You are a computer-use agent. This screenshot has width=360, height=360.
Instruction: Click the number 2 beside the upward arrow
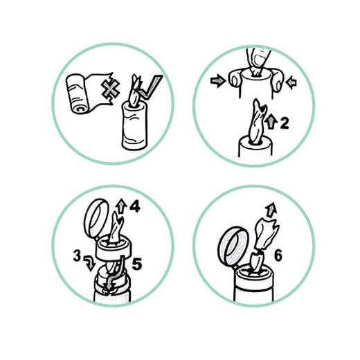pos(285,123)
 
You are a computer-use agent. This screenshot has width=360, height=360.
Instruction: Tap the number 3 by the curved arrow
pos(77,256)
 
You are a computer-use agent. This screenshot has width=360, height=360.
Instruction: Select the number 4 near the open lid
pos(135,206)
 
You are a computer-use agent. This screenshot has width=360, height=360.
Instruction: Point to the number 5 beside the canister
pos(136,264)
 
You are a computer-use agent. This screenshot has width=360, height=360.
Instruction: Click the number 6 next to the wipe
pos(278,255)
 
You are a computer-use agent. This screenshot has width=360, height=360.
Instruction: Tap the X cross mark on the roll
pos(111,91)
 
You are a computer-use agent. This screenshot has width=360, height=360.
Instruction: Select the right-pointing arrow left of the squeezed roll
pos(217,81)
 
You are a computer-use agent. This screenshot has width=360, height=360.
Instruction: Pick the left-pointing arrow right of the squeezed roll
pos(291,82)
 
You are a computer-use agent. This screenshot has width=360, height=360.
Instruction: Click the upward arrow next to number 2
pos(271,123)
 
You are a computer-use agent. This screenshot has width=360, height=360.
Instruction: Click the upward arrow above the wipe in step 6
pos(271,209)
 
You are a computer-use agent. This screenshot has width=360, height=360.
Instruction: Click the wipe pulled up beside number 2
pos(258,122)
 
